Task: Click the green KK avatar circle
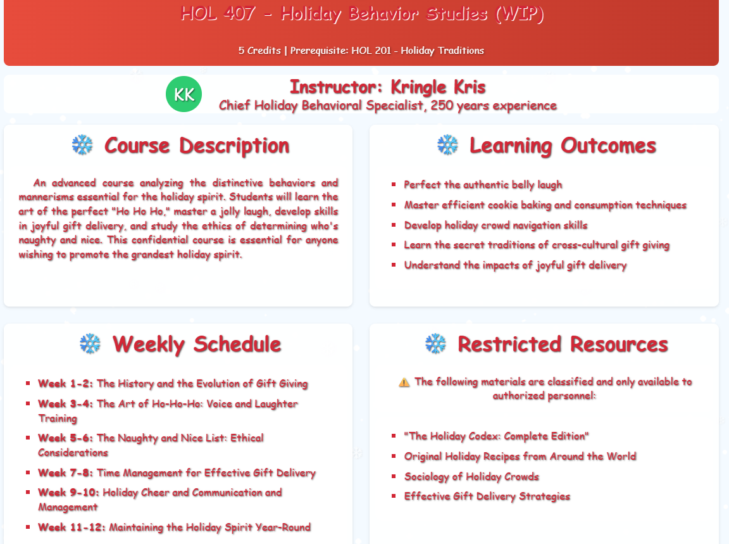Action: pyautogui.click(x=184, y=94)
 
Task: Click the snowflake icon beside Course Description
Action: pyautogui.click(x=82, y=145)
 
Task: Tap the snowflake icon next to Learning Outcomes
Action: pyautogui.click(x=448, y=145)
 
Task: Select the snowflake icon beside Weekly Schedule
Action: pyautogui.click(x=90, y=343)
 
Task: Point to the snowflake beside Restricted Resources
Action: pyautogui.click(x=435, y=343)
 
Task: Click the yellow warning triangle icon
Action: pyautogui.click(x=404, y=383)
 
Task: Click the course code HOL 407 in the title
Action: pyautogui.click(x=218, y=13)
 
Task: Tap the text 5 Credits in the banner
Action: pyautogui.click(x=259, y=50)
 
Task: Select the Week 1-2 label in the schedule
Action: pyautogui.click(x=66, y=383)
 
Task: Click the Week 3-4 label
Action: pyautogui.click(x=66, y=403)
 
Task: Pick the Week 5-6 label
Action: pyautogui.click(x=66, y=438)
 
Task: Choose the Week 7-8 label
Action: pyautogui.click(x=66, y=473)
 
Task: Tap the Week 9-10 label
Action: pyautogui.click(x=68, y=492)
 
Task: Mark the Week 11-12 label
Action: pyautogui.click(x=72, y=528)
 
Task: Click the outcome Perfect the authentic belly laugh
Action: pyautogui.click(x=483, y=185)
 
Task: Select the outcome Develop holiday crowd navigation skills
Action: pyautogui.click(x=495, y=225)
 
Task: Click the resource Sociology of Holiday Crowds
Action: pyautogui.click(x=471, y=476)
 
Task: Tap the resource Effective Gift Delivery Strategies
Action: pyautogui.click(x=487, y=497)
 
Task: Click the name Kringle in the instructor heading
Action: pyautogui.click(x=418, y=87)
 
